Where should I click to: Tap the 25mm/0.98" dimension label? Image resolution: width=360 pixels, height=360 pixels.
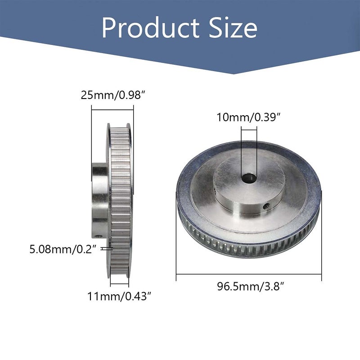pyautogui.click(x=112, y=95)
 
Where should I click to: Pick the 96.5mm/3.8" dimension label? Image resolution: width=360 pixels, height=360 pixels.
pyautogui.click(x=248, y=287)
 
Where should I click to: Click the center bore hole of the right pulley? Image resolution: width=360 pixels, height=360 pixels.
pyautogui.click(x=248, y=179)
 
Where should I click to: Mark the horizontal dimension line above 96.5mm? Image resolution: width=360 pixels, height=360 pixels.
pyautogui.click(x=248, y=274)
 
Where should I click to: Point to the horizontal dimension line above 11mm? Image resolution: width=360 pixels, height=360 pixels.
pyautogui.click(x=119, y=283)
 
